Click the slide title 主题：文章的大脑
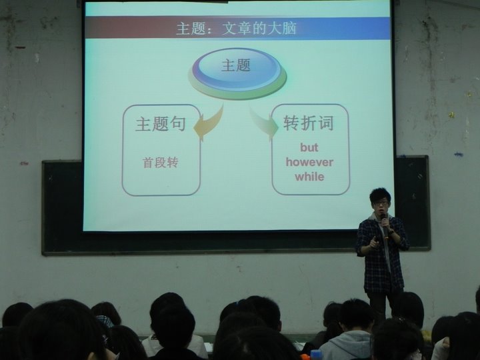coord(236,29)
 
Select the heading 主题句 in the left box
coord(161,124)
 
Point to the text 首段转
coord(160,163)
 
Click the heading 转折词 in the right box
coord(308,123)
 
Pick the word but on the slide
coord(309,147)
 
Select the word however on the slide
coord(309,162)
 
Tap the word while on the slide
coord(309,177)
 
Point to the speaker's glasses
coord(379,203)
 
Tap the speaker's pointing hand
coord(374,243)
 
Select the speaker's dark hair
coord(380,195)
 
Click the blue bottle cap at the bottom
coord(317,355)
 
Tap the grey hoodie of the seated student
coord(346,345)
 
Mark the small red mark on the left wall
coord(24,163)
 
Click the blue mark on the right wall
coord(458,154)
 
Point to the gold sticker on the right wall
coord(451,115)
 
